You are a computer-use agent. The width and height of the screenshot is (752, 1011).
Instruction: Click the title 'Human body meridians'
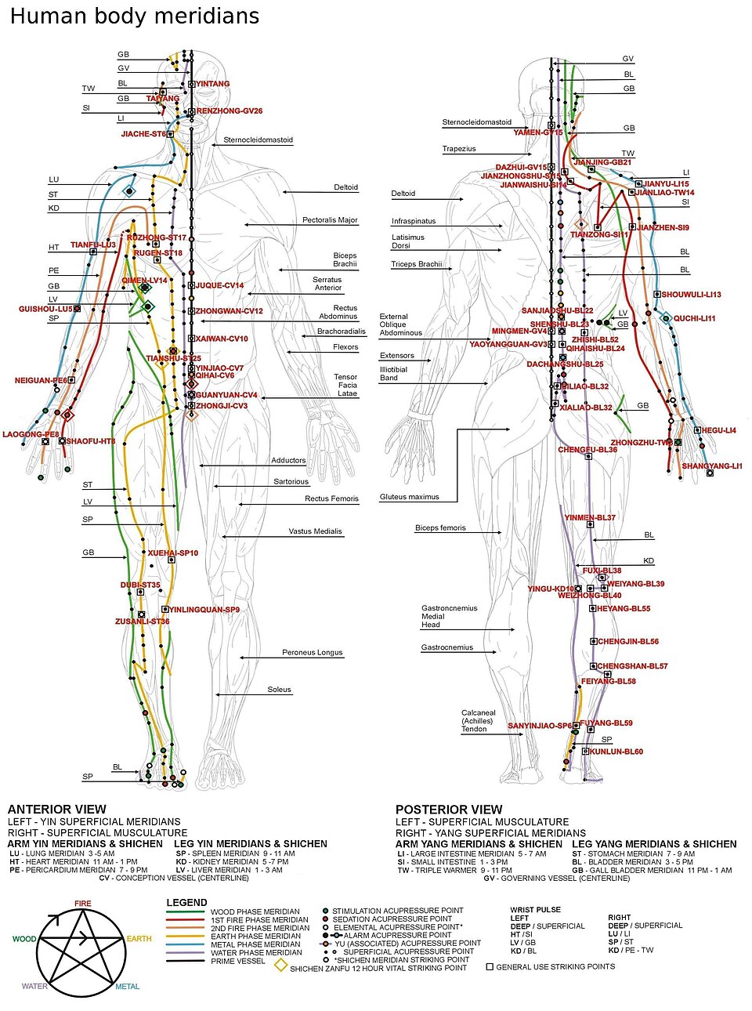pos(134,16)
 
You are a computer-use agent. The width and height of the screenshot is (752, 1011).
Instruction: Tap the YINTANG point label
pos(213,84)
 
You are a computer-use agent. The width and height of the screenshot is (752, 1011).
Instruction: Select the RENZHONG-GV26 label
pos(230,111)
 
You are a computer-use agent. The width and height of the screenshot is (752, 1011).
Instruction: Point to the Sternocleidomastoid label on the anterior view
pos(258,140)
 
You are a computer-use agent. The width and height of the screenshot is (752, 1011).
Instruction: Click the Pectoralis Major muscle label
pos(330,220)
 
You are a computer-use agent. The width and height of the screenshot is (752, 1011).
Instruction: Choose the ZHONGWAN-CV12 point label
pos(229,311)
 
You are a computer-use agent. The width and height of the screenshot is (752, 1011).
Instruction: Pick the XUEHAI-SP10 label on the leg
pos(173,553)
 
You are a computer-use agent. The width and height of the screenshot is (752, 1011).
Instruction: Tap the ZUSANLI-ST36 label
pos(143,621)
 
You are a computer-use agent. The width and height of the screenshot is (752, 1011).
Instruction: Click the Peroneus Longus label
pos(313,652)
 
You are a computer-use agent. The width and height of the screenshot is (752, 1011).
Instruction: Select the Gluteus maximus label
pos(410,497)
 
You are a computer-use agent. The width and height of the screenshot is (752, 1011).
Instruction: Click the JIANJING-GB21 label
pos(603,162)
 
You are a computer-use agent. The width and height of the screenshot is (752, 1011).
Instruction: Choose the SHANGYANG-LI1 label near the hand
pos(711,466)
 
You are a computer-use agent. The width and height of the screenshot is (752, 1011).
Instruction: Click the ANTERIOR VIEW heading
pos(56,810)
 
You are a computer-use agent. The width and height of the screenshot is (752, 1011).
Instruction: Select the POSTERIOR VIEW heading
pos(449,810)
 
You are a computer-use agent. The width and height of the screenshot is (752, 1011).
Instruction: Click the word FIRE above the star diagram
pos(83,904)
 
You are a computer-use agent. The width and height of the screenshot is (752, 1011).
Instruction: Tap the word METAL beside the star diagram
pos(127,987)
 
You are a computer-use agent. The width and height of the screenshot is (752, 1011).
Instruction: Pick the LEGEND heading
pos(186,903)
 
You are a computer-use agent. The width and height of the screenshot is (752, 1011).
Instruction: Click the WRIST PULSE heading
pos(536,910)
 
